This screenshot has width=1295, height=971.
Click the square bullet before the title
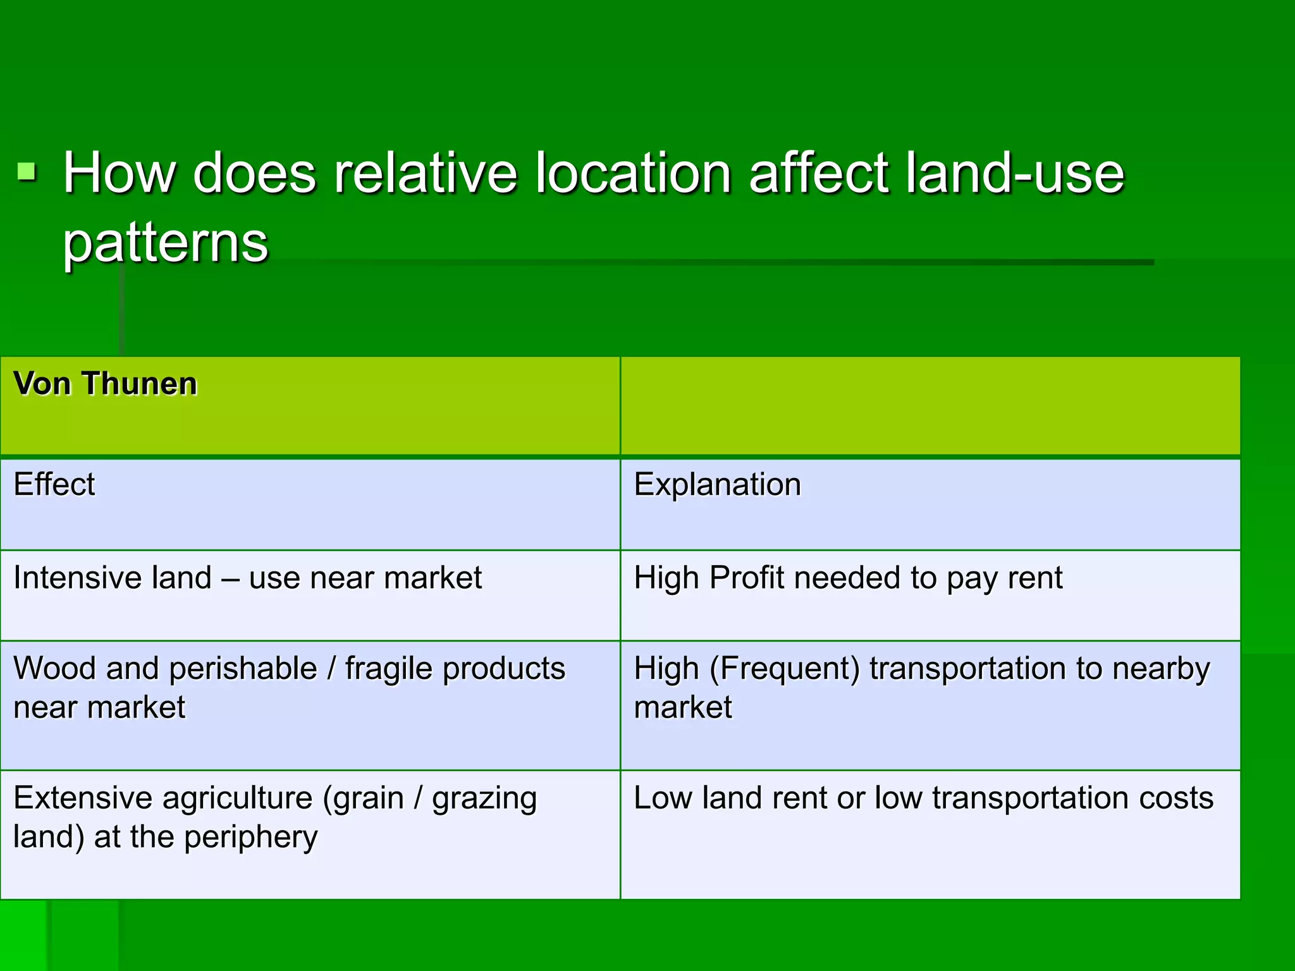27,171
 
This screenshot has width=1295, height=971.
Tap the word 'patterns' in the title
166,243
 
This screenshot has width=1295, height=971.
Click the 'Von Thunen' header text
106,384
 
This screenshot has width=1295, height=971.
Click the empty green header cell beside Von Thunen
930,405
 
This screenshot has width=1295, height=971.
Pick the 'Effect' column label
54,485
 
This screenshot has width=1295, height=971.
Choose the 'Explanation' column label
717,485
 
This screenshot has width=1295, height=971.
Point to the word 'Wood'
55,669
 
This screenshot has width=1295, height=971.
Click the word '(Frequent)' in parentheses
784,669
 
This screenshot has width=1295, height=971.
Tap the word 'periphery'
251,838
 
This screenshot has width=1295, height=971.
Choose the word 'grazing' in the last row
484,798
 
